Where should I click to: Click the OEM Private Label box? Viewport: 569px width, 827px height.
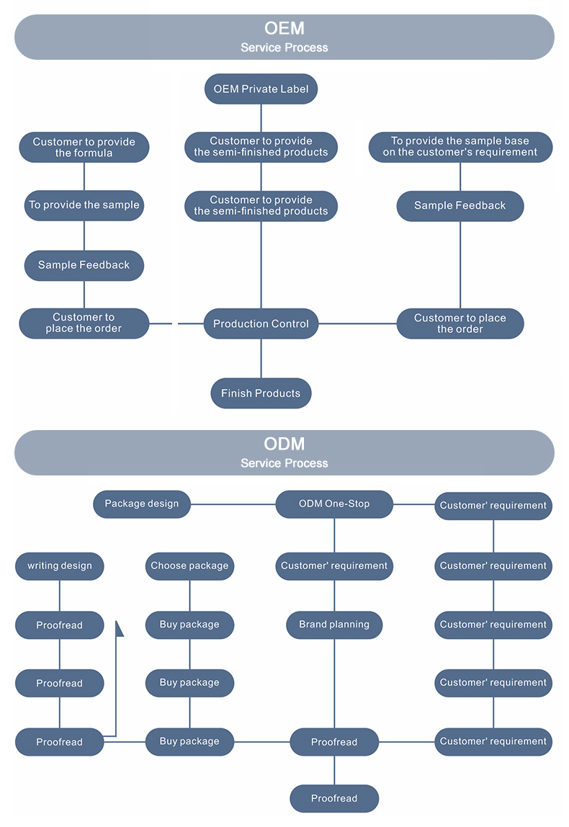click(261, 89)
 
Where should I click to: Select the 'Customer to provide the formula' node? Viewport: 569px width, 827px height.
click(84, 147)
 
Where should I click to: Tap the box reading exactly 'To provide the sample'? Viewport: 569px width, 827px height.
click(84, 205)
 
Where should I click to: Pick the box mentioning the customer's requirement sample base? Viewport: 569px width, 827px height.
click(460, 147)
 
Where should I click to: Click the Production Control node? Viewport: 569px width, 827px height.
click(261, 323)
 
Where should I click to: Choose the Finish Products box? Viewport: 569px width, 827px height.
click(261, 393)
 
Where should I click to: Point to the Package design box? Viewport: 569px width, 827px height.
click(142, 504)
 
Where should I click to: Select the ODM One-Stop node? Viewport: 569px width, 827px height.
click(334, 504)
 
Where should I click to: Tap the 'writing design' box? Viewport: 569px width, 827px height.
click(60, 566)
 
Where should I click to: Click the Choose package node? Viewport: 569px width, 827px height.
click(189, 566)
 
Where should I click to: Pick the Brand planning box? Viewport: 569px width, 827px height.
click(334, 625)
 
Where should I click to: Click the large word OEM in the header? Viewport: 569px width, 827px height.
click(284, 28)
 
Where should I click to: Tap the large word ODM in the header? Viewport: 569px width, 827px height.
click(284, 444)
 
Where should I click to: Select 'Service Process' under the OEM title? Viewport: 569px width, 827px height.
click(284, 48)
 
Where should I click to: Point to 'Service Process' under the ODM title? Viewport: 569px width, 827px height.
click(284, 463)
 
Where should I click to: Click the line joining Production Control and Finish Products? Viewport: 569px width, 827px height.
click(261, 358)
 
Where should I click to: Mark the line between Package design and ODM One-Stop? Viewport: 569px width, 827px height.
click(233, 504)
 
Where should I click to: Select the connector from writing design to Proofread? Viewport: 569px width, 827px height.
click(60, 596)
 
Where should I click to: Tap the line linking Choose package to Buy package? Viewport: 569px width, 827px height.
click(189, 596)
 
